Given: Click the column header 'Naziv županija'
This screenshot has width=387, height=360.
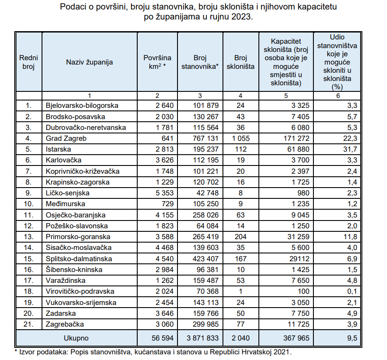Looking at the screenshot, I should tap(89, 62).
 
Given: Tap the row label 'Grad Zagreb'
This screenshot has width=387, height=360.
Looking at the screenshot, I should tap(66, 139).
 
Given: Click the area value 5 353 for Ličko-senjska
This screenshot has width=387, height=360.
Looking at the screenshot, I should tap(164, 193).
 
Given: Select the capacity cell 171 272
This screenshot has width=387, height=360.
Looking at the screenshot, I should tap(294, 139).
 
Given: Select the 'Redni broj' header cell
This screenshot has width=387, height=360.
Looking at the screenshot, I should tap(28, 62).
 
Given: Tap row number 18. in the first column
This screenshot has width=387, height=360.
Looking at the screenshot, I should tap(29, 292).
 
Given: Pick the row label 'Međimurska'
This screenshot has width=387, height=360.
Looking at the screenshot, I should tap(65, 204).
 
